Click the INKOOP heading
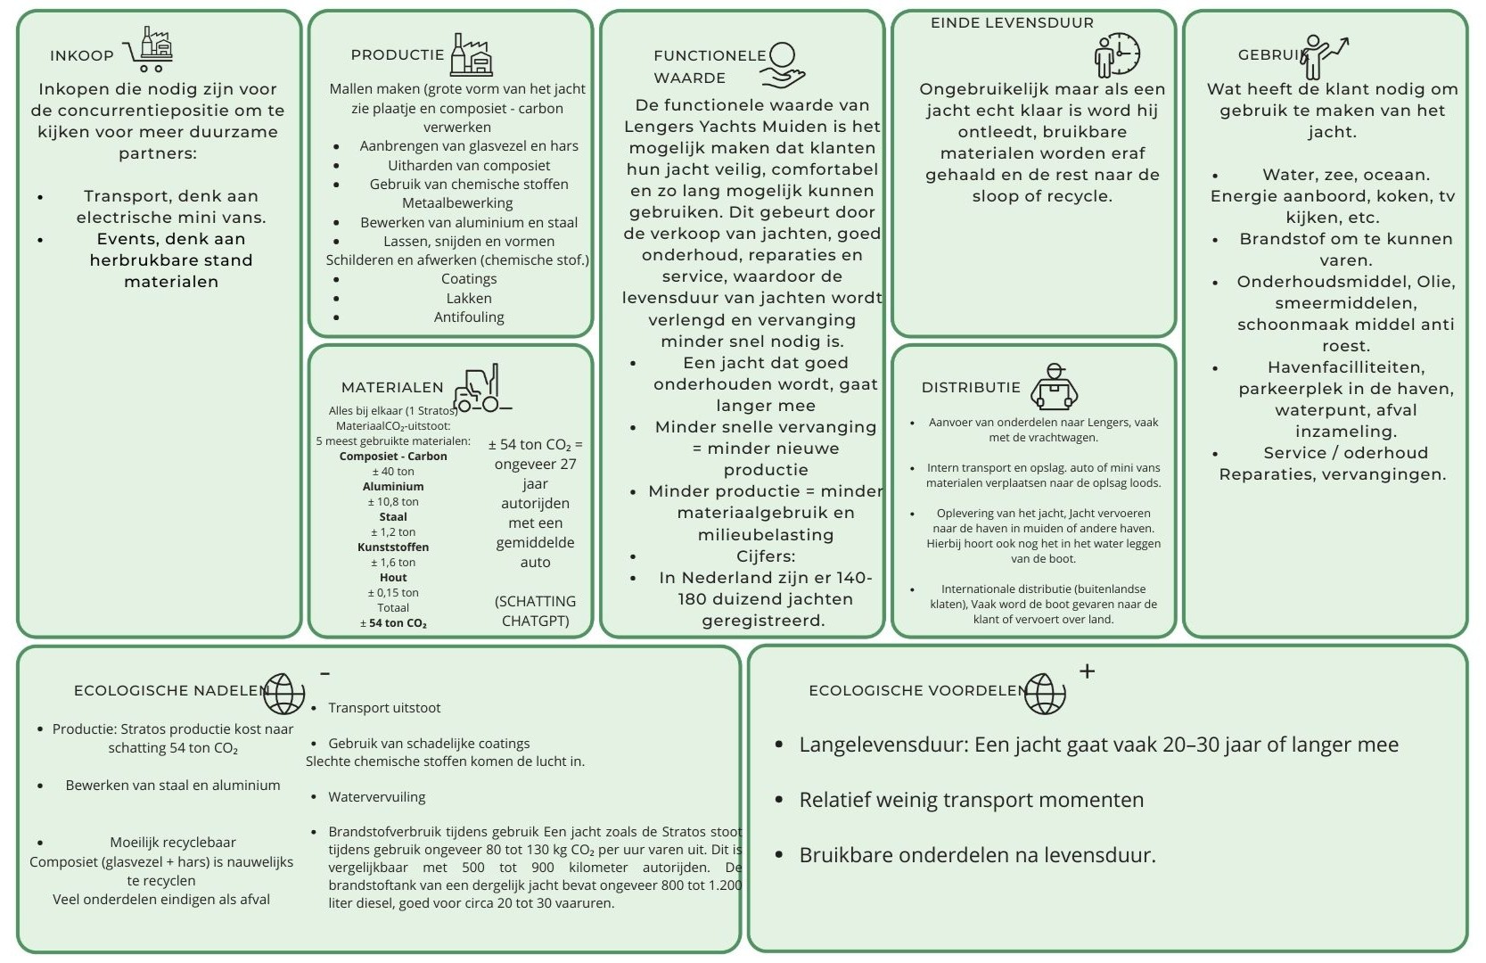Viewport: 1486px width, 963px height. (x=82, y=55)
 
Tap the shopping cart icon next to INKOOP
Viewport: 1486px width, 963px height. (x=149, y=49)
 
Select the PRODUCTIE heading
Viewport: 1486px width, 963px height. (x=398, y=54)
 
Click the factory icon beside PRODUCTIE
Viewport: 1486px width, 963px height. (x=472, y=55)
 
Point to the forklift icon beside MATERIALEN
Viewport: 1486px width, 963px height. (x=481, y=389)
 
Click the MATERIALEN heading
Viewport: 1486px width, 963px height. (x=392, y=387)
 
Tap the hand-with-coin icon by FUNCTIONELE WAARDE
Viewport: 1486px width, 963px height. (x=784, y=65)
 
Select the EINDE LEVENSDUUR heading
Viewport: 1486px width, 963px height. (x=1012, y=22)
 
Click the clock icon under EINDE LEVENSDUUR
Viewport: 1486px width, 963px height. (x=1118, y=55)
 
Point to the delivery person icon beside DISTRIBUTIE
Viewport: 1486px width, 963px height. (x=1055, y=387)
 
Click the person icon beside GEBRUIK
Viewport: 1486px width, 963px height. (x=1324, y=56)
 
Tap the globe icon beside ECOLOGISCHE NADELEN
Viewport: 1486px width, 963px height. (x=284, y=693)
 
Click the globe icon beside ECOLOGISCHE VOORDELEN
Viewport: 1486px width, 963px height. (x=1045, y=693)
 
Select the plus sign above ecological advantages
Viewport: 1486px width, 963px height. (x=1087, y=671)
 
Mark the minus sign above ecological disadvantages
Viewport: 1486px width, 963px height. (x=325, y=673)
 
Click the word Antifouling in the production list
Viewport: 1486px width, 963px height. (x=469, y=317)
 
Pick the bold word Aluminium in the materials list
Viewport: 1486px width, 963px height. (x=393, y=486)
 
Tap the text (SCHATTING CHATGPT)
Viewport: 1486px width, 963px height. (x=535, y=611)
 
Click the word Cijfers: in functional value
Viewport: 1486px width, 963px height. (x=766, y=556)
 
